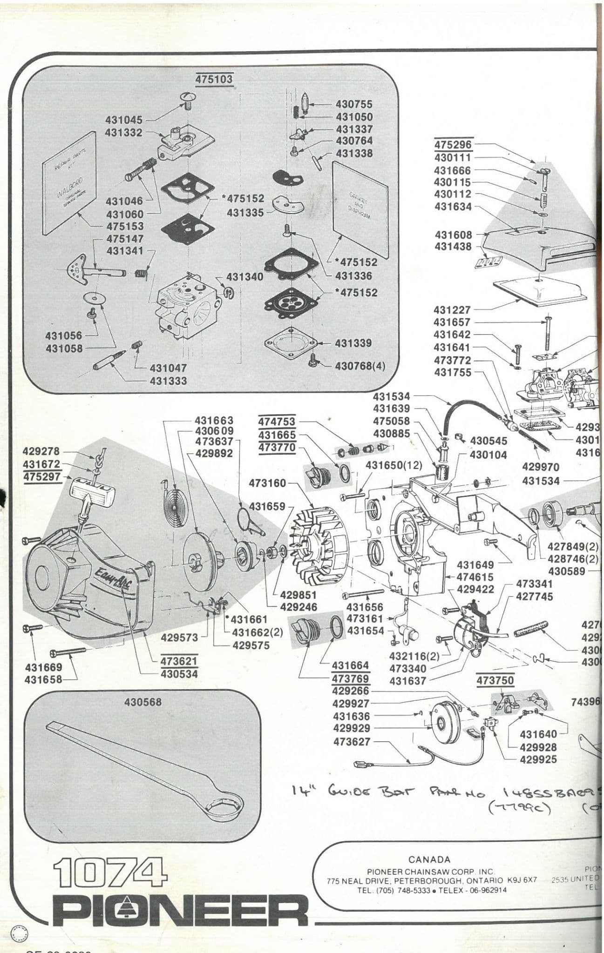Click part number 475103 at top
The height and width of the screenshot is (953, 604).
pyautogui.click(x=214, y=79)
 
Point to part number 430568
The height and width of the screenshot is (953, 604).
pyautogui.click(x=143, y=702)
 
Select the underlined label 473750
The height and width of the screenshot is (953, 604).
pyautogui.click(x=495, y=680)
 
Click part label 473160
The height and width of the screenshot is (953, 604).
pyautogui.click(x=267, y=483)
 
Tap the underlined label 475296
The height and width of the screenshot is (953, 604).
pyautogui.click(x=453, y=145)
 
